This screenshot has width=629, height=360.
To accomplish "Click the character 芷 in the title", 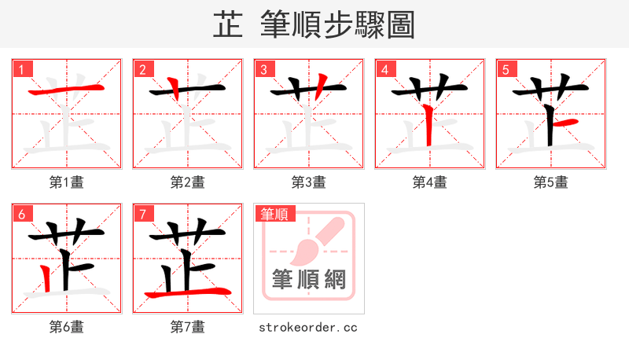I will [228, 25].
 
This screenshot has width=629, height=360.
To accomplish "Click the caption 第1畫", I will [67, 182].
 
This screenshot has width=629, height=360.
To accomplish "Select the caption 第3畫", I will [309, 182].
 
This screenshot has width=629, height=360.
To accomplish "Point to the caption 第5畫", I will [551, 182].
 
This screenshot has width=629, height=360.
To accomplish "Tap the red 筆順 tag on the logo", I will [274, 214].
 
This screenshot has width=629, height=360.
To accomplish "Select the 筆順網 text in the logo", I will [309, 279].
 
